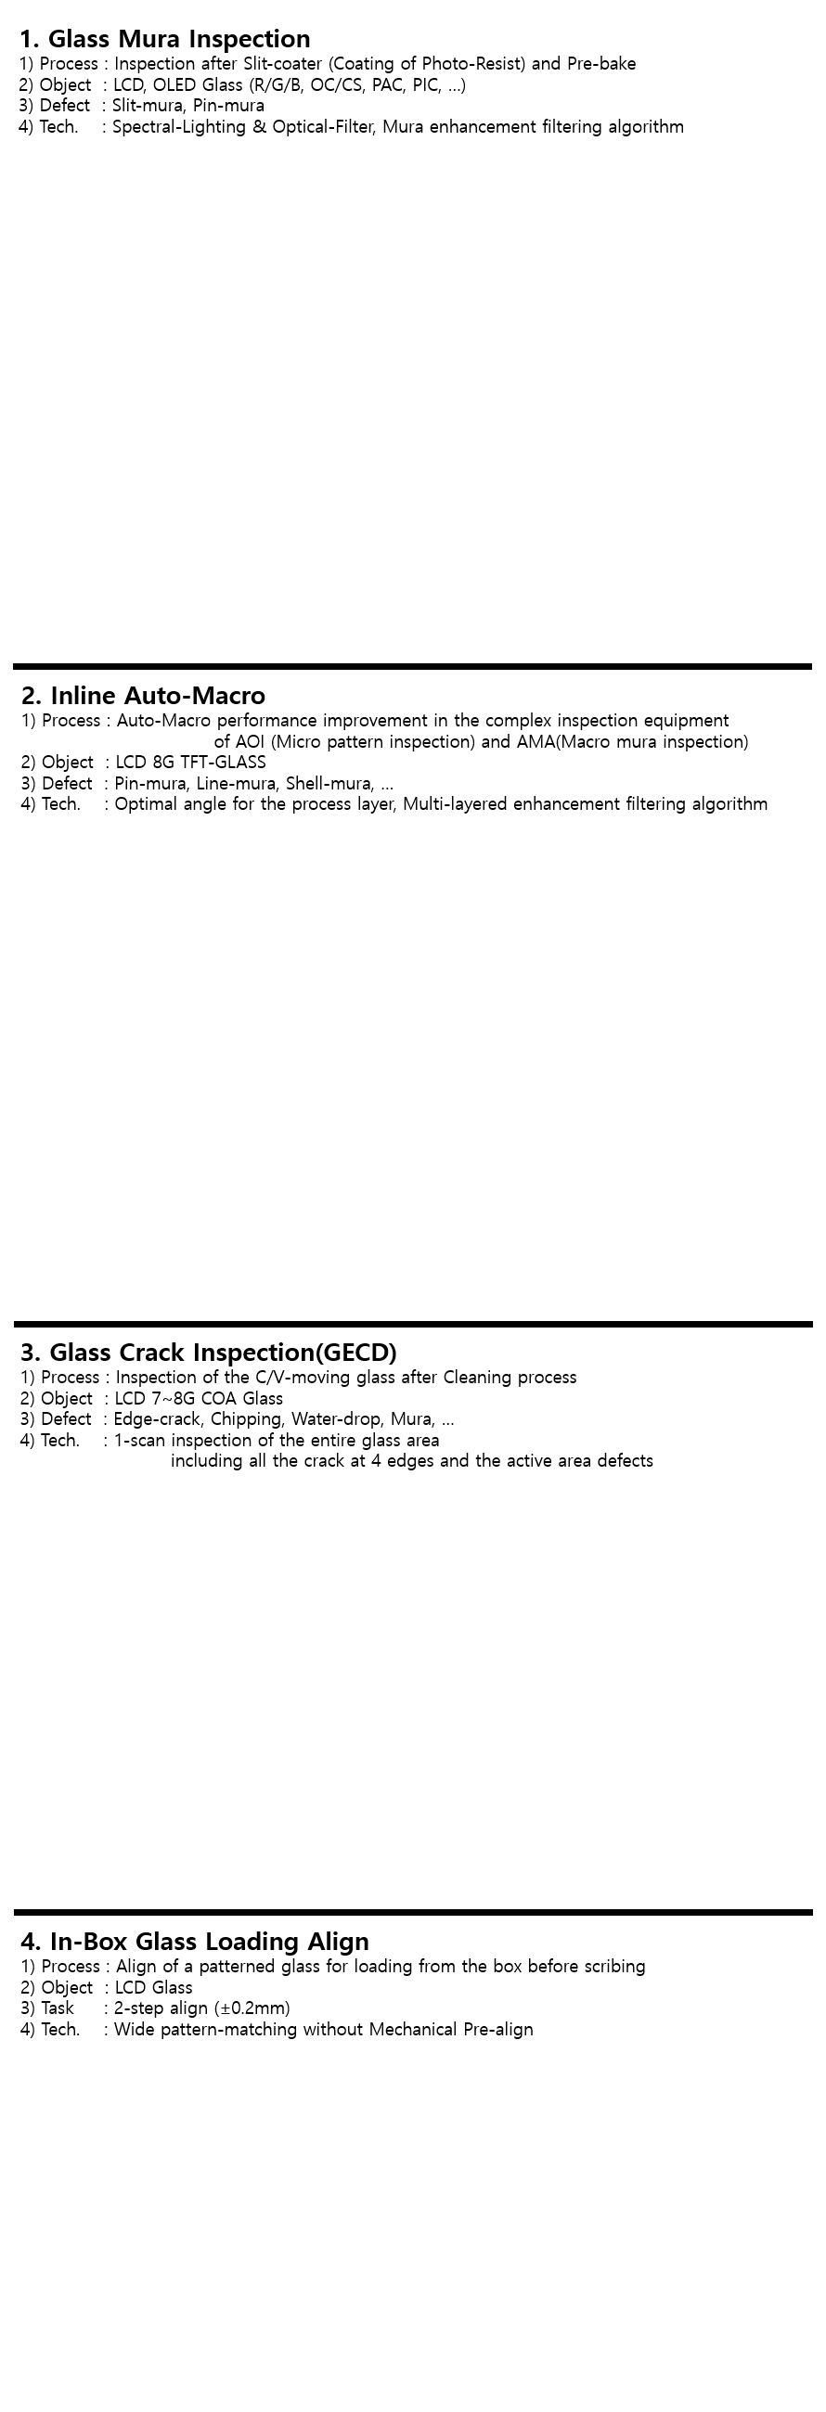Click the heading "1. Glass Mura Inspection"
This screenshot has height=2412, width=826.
pyautogui.click(x=165, y=39)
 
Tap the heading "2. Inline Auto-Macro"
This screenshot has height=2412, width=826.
pyautogui.click(x=143, y=696)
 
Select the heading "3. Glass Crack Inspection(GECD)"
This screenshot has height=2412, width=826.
pyautogui.click(x=209, y=1352)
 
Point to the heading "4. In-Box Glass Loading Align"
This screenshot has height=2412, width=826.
pyautogui.click(x=195, y=1941)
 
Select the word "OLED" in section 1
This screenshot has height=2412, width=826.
pyautogui.click(x=175, y=85)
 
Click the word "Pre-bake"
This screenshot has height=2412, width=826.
pyautogui.click(x=601, y=64)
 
